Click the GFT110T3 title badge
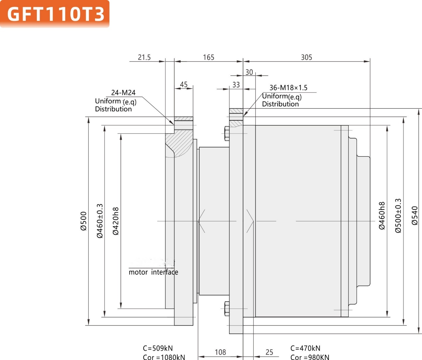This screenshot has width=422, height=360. pyautogui.click(x=55, y=14)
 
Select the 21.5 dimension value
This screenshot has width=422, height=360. pyautogui.click(x=144, y=57)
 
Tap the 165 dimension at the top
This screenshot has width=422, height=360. pyautogui.click(x=209, y=57)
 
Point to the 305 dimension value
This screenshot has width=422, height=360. pyautogui.click(x=306, y=57)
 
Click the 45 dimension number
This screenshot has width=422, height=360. pyautogui.click(x=184, y=84)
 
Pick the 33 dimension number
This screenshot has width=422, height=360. pyautogui.click(x=236, y=85)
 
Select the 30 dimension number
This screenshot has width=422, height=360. pyautogui.click(x=249, y=72)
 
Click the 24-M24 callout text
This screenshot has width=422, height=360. pyautogui.click(x=123, y=92)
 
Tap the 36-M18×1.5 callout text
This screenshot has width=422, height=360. pyautogui.click(x=288, y=88)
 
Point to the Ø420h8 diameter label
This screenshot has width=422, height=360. pyautogui.click(x=116, y=221)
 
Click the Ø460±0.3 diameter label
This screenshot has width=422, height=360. pyautogui.click(x=100, y=221)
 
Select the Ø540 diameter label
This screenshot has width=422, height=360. pyautogui.click(x=415, y=216)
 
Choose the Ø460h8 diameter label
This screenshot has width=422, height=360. pyautogui.click(x=382, y=216)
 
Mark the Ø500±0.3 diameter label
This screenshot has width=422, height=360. pyautogui.click(x=398, y=216)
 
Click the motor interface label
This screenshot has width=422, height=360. pyautogui.click(x=153, y=272)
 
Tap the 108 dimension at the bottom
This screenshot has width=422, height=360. pyautogui.click(x=220, y=352)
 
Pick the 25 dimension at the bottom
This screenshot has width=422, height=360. pyautogui.click(x=269, y=352)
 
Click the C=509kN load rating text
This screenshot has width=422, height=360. pyautogui.click(x=158, y=348)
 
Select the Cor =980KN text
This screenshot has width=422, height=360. pyautogui.click(x=310, y=357)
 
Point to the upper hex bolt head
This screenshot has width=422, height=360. pyautogui.click(x=227, y=134)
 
